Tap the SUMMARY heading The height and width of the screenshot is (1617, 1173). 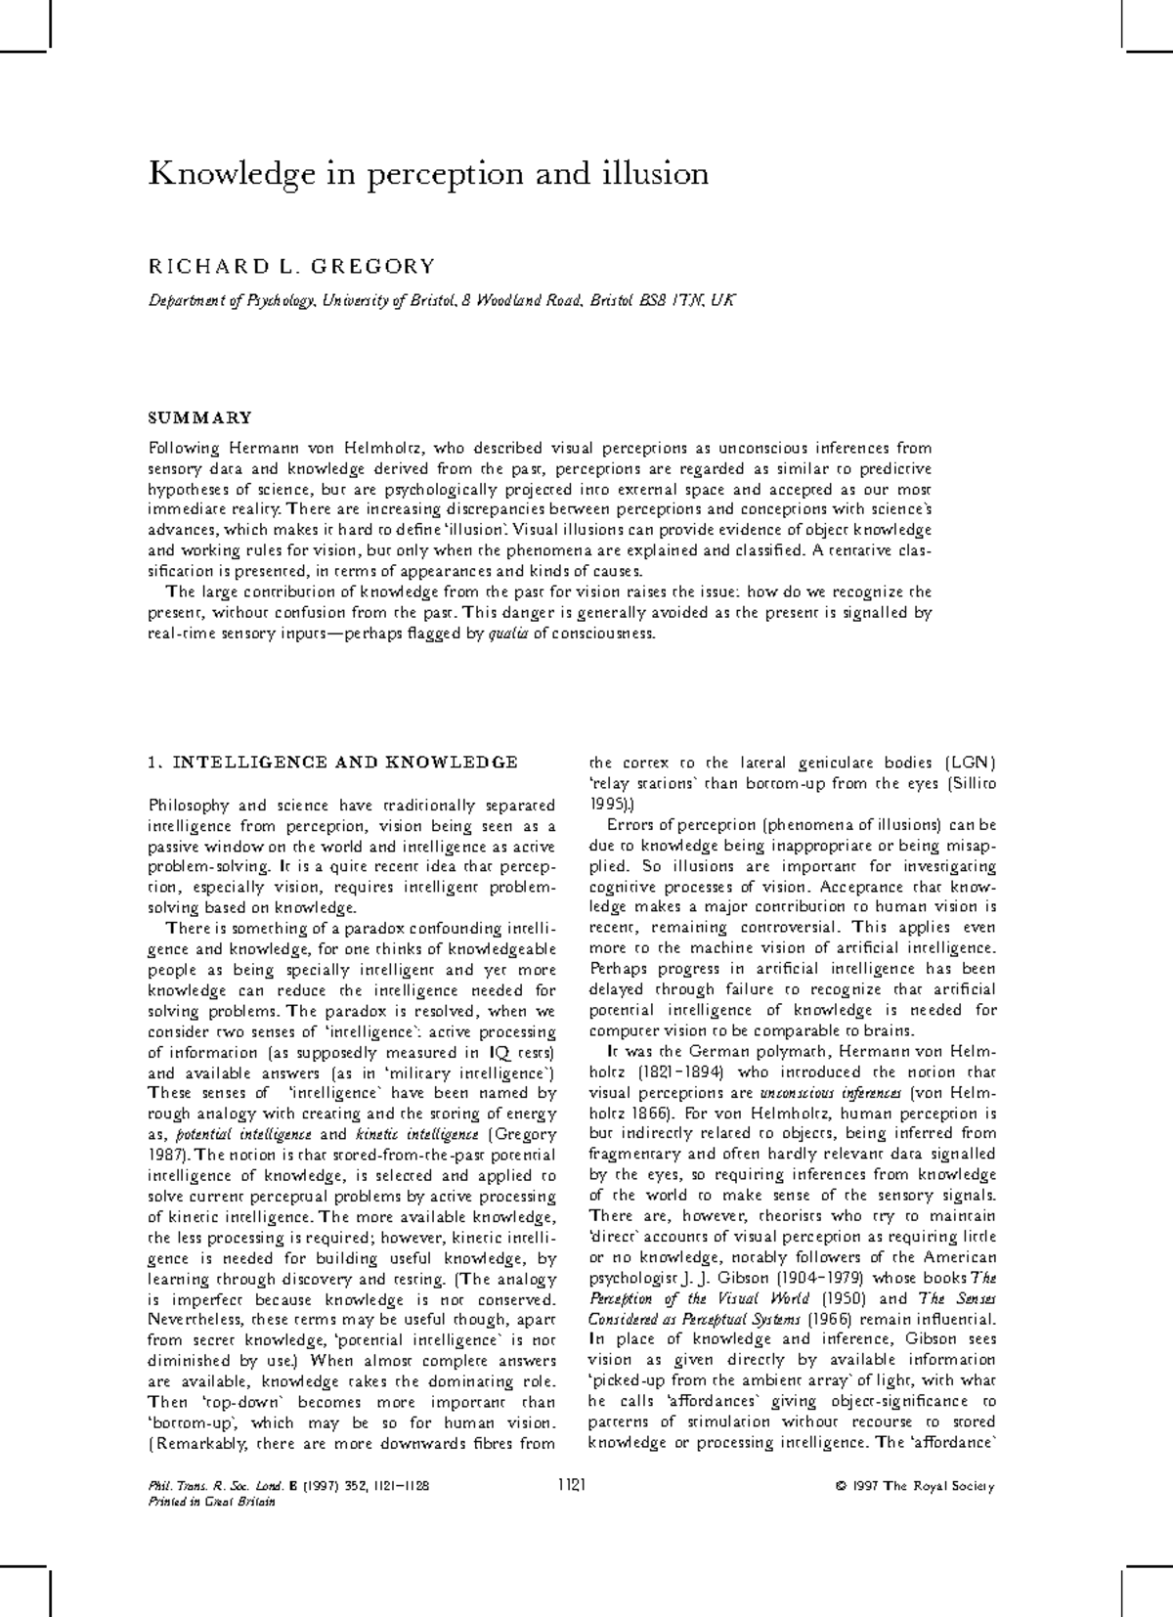199,417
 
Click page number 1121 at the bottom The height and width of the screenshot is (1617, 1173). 570,1486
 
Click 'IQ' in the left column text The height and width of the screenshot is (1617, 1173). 499,1052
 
